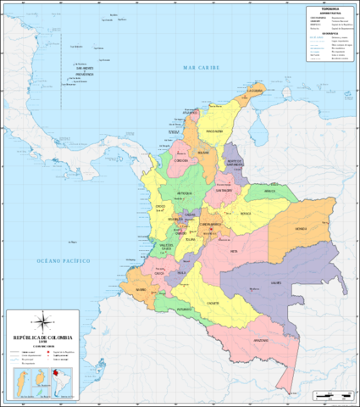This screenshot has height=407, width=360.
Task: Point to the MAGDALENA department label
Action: pyautogui.click(x=213, y=131)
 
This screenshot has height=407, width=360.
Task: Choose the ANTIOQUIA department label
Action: pyautogui.click(x=186, y=193)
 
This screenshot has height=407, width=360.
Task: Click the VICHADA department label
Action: pyautogui.click(x=301, y=229)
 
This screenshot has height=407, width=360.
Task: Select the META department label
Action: pyautogui.click(x=234, y=251)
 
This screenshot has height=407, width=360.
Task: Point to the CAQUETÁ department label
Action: pyautogui.click(x=213, y=303)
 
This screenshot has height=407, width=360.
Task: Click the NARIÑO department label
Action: pyautogui.click(x=141, y=290)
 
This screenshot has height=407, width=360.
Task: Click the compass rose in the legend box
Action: pyautogui.click(x=40, y=322)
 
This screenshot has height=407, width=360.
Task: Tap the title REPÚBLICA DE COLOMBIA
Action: pyautogui.click(x=40, y=337)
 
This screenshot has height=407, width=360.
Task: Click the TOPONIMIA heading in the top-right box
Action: pyautogui.click(x=330, y=8)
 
